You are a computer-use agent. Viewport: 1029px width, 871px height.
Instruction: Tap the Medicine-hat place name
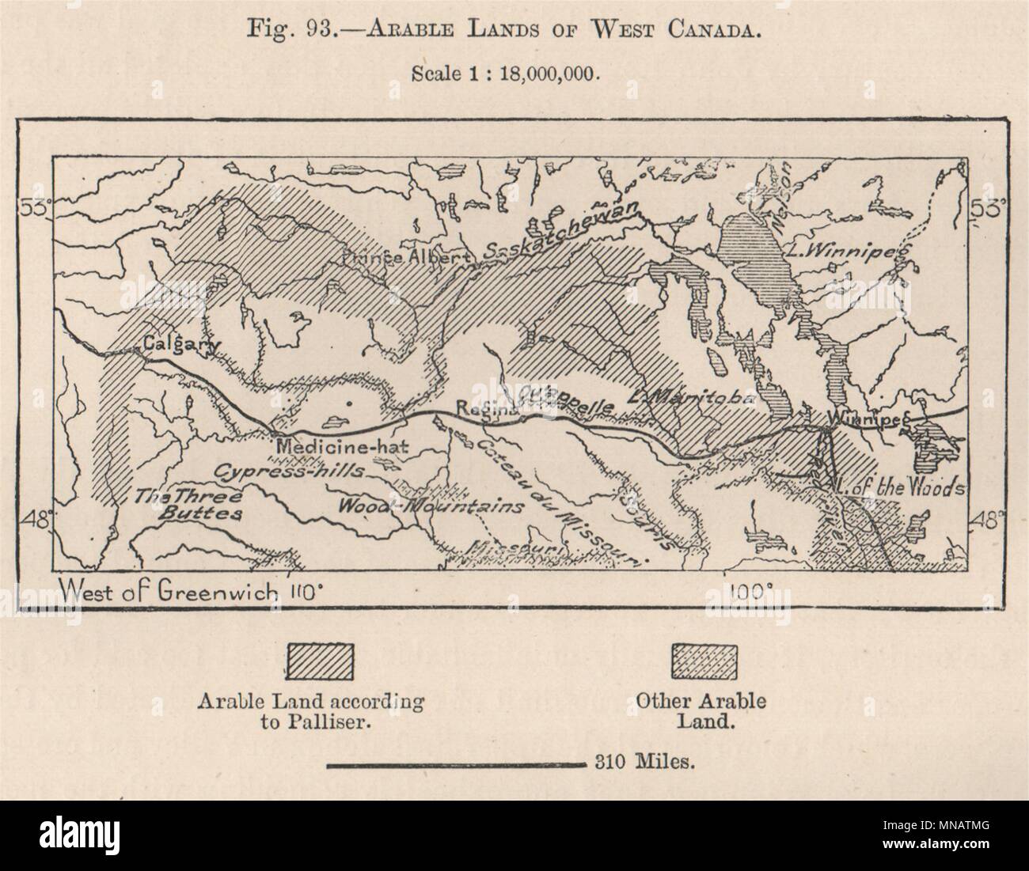(x=341, y=445)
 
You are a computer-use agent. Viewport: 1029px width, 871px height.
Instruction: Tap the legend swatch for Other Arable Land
(x=704, y=658)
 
